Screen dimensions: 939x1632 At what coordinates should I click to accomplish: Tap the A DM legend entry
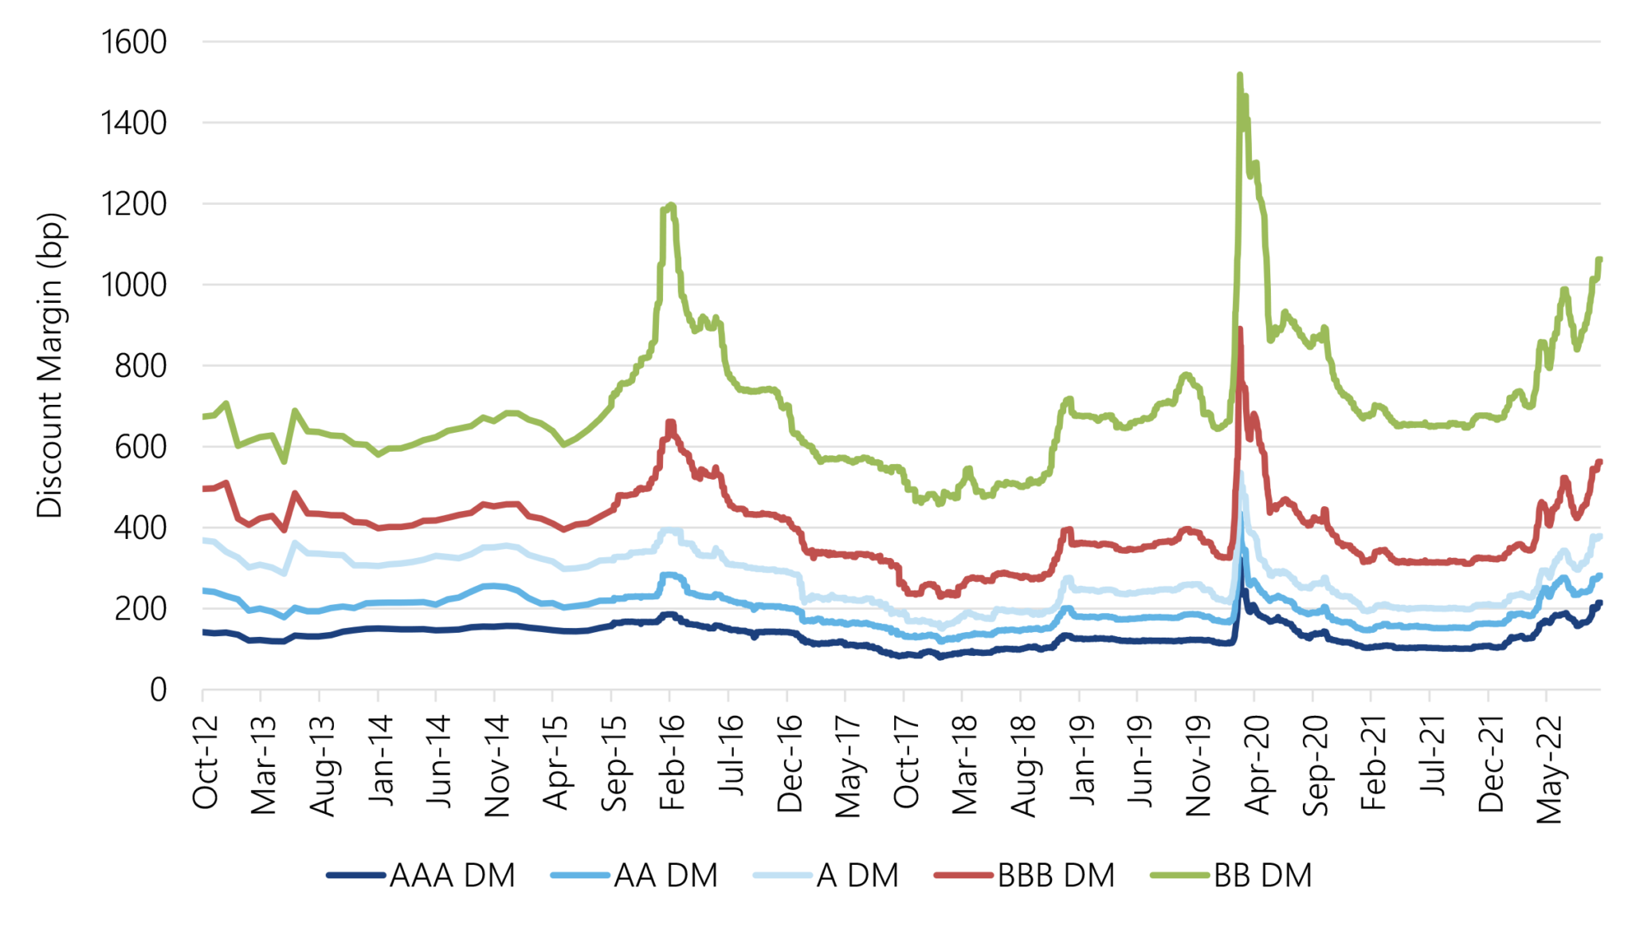[x=827, y=875]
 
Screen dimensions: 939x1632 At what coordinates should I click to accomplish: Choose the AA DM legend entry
[x=635, y=875]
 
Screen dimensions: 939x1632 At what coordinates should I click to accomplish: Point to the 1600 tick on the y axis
[x=134, y=42]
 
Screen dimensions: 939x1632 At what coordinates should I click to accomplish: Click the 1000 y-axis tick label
[x=134, y=285]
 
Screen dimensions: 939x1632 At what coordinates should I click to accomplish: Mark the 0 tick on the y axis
[x=158, y=690]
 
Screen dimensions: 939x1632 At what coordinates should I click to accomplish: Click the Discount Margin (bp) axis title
[x=49, y=365]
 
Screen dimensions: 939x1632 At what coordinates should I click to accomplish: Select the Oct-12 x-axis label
[x=205, y=762]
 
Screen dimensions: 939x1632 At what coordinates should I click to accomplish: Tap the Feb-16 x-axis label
[x=672, y=762]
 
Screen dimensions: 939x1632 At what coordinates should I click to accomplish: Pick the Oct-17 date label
[x=906, y=762]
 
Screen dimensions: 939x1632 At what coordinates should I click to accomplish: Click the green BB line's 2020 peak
[x=1239, y=76]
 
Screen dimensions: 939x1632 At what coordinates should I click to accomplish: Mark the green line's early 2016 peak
[x=671, y=206]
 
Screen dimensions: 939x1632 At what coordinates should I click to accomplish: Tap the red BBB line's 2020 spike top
[x=1240, y=329]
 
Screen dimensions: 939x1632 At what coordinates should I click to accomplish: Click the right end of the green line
[x=1599, y=259]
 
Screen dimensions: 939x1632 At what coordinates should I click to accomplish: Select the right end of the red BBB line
[x=1599, y=462]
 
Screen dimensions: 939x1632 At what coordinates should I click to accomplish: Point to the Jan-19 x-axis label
[x=1081, y=762]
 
